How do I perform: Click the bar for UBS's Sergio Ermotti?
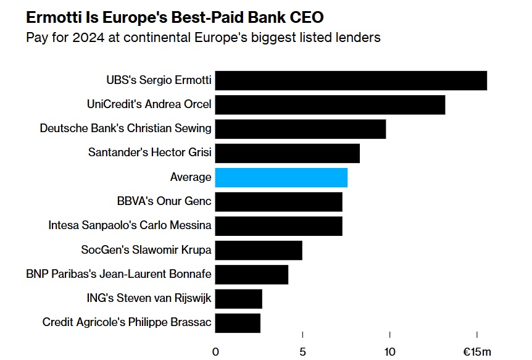coord(351,81)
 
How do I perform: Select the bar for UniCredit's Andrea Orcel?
coord(330,105)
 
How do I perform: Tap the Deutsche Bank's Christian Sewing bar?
coord(300,129)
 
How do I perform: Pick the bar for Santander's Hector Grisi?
coord(287,153)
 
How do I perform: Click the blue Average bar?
coord(281,177)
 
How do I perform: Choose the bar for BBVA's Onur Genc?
coord(278,201)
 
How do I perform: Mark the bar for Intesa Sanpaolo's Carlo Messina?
coord(278,225)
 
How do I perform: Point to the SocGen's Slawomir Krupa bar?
coord(259,250)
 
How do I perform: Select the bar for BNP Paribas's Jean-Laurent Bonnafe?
coord(251,274)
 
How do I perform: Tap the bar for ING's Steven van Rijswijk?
coord(238,298)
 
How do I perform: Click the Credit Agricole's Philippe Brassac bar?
coord(238,322)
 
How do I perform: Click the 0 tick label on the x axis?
coord(215,352)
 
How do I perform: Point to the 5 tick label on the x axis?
coord(302,352)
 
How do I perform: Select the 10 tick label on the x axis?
coord(390,352)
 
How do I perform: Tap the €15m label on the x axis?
coord(477,352)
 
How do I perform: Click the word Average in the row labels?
coord(191,177)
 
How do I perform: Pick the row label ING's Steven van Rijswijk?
coord(149,298)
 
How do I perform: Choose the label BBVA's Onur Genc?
coord(164,201)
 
